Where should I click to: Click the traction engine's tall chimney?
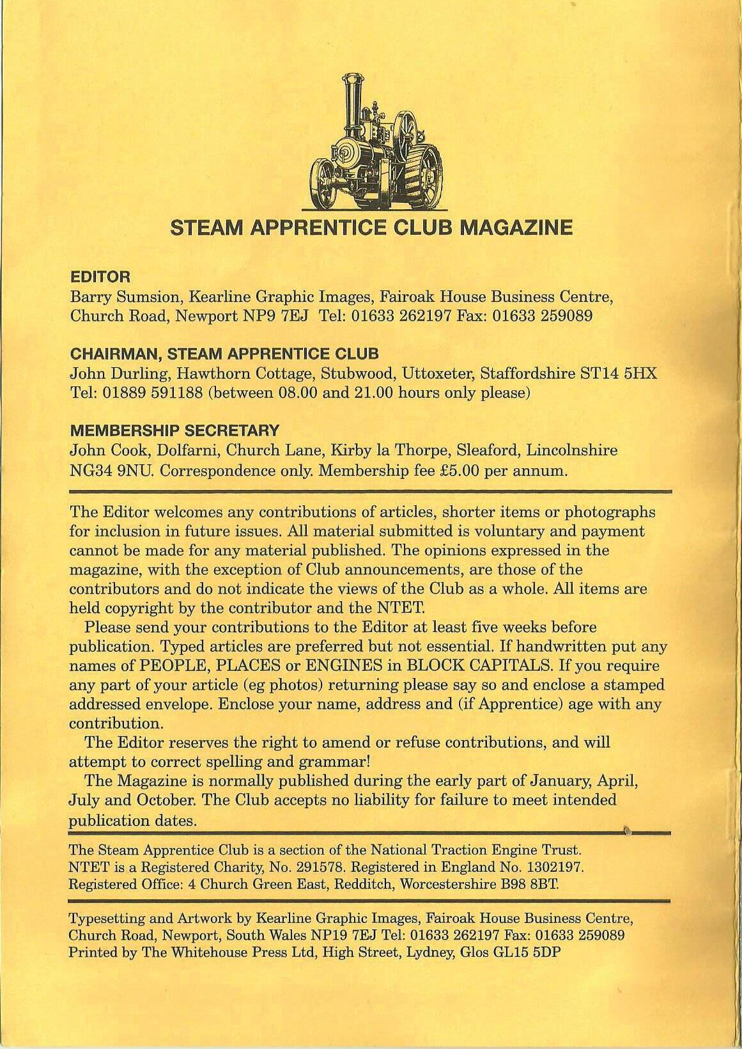[x=350, y=112]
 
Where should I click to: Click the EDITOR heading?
[x=100, y=277]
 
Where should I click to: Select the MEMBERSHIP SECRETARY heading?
[x=174, y=430]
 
